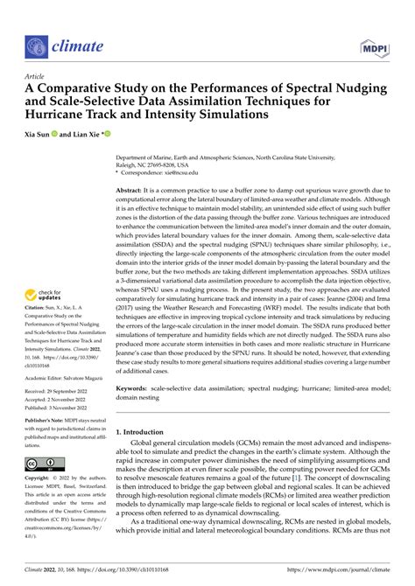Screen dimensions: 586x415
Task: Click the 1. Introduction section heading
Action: pyautogui.click(x=146, y=457)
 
